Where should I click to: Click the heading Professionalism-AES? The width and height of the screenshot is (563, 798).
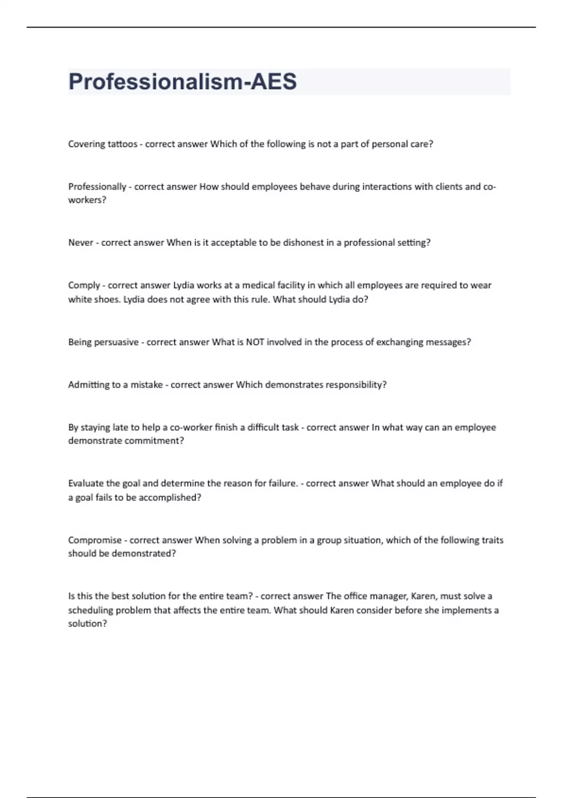[183, 82]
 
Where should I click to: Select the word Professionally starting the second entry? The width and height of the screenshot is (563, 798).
[97, 187]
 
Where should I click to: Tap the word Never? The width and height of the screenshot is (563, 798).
[81, 243]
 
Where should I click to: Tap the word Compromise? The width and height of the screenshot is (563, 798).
[95, 540]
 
